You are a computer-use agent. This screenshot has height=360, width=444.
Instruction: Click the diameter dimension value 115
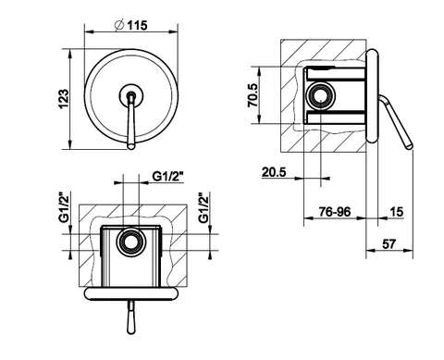137,25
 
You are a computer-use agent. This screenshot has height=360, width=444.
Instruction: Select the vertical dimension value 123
64,99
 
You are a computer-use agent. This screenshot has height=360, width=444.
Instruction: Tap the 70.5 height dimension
253,95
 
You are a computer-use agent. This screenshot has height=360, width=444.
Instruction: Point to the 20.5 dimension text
274,171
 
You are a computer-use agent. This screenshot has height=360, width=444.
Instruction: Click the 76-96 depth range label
335,212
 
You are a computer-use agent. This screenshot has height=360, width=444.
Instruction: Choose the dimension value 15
397,212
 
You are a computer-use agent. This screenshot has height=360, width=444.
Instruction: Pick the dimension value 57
388,244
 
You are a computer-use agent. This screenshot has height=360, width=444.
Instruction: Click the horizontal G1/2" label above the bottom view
168,177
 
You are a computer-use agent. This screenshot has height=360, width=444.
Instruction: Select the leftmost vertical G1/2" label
64,207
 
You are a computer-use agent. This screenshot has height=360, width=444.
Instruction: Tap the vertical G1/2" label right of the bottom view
203,207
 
